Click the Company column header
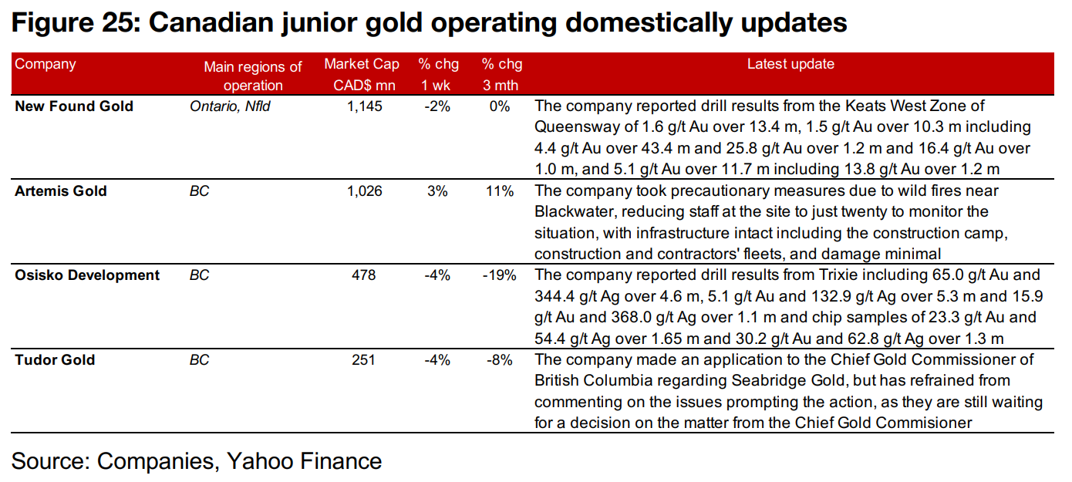pos(46,64)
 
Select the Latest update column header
pos(791,64)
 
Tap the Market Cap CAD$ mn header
pos(362,75)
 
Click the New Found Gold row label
pos(74,106)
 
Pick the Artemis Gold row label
pos(61,191)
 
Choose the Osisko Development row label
pos(87,275)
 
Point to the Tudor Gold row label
pos(55,360)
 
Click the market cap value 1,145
pos(364,106)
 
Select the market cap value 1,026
pos(364,191)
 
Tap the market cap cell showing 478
pos(364,275)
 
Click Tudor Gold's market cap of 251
pos(364,360)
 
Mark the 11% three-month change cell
pos(500,191)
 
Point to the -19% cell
pos(499,275)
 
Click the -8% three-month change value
pos(500,360)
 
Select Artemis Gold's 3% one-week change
pos(437,191)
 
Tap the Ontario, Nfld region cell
pos(230,106)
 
